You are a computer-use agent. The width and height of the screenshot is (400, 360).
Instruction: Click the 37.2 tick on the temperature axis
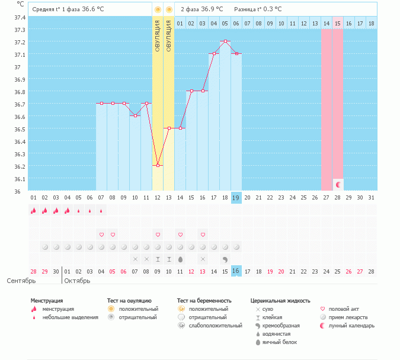(x=19, y=42)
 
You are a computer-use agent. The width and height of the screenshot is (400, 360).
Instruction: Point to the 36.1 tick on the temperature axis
(x=19, y=179)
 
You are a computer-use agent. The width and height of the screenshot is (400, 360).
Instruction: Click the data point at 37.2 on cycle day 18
(x=225, y=41)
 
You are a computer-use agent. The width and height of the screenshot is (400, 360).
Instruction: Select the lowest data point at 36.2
(x=158, y=166)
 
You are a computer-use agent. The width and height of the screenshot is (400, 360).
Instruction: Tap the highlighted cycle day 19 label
(x=236, y=197)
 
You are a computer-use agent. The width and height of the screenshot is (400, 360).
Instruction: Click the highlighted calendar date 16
(x=236, y=271)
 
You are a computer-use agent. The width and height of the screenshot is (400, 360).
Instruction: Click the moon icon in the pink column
(x=338, y=185)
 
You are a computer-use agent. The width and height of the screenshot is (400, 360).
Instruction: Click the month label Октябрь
(x=77, y=281)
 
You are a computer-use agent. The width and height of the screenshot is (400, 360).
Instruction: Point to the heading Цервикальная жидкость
(x=280, y=301)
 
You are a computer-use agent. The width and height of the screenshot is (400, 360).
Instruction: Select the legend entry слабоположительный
(x=215, y=326)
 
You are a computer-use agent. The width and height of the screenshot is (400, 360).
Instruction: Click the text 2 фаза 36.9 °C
(x=201, y=9)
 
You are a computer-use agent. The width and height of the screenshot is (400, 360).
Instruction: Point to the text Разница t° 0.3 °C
(x=258, y=9)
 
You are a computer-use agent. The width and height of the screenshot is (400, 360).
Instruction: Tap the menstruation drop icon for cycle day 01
(x=33, y=210)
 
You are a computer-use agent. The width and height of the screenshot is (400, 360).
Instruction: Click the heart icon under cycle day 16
(x=203, y=234)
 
